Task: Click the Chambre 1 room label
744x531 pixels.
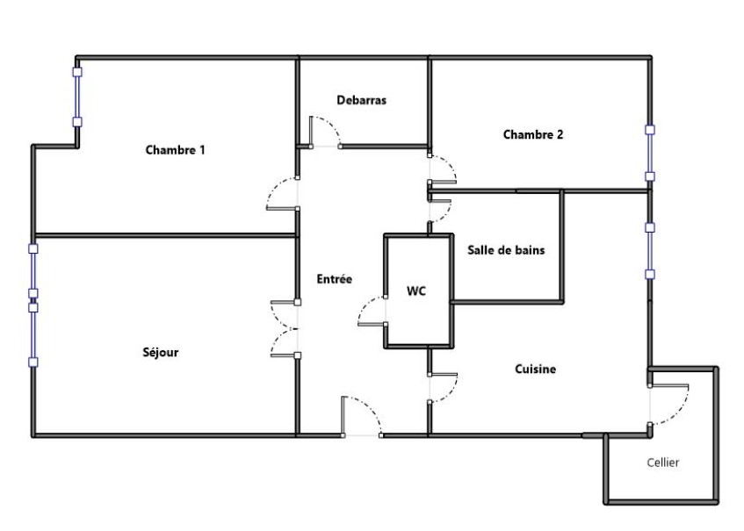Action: point(175,150)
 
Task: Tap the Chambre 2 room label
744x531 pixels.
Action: point(532,135)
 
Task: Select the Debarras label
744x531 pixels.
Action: point(362,100)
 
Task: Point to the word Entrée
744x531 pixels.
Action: point(335,279)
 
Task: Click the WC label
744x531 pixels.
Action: point(416,291)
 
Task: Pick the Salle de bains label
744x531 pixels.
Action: point(506,250)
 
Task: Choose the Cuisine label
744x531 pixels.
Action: point(535,370)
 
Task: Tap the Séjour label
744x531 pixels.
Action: point(161,353)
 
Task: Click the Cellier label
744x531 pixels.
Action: point(662,462)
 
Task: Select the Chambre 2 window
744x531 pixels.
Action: point(650,153)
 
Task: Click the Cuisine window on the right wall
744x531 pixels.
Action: point(650,250)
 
